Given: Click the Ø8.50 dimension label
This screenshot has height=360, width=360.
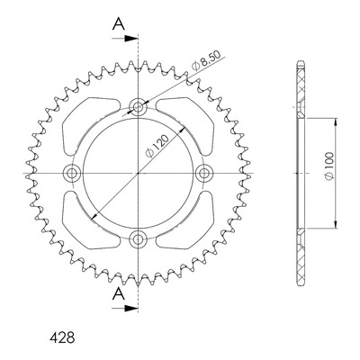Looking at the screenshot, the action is [206, 61].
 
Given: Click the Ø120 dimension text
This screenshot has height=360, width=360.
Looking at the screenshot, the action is [157, 146].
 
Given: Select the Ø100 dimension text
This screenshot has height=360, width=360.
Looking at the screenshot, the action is [329, 166].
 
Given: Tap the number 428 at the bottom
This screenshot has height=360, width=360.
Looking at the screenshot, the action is [62, 337].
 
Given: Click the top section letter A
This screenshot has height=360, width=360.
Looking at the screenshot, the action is [119, 24].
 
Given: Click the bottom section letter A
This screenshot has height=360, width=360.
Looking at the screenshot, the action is [119, 293].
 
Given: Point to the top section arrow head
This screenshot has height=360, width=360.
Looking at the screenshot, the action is [131, 39].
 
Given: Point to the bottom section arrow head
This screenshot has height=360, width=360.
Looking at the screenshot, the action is [131, 308].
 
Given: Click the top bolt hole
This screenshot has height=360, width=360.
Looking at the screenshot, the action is [138, 107].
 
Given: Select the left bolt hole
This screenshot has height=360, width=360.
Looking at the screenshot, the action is [72, 173].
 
